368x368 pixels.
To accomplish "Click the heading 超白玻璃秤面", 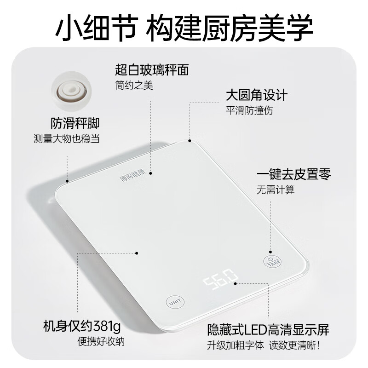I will pos(152,70).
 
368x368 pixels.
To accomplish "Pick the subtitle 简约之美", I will pos(134,86).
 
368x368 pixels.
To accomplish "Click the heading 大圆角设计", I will pos(256,95).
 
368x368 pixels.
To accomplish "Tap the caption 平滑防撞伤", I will pos(249,111).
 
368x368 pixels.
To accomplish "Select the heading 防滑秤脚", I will pos(75,123).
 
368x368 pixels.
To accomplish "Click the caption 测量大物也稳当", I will pos(67,138).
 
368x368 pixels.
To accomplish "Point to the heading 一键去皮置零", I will pos(294,174).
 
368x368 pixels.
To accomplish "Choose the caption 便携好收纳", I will pos(101,342).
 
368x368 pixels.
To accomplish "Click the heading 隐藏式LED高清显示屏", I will pos(268,329).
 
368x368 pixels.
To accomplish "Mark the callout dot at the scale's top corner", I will pos(189,141).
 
